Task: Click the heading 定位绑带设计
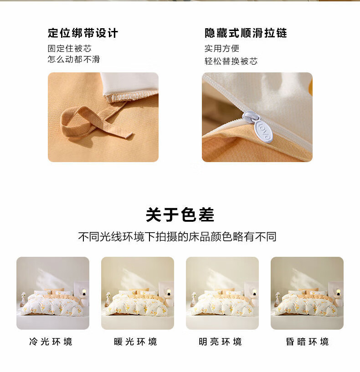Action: click(x=82, y=33)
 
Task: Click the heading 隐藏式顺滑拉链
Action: click(x=246, y=33)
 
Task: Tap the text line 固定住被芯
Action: click(x=70, y=48)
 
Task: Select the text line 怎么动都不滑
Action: click(x=74, y=59)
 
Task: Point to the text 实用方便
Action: click(x=222, y=48)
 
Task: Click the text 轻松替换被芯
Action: click(x=231, y=61)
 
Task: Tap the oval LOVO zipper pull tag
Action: click(x=263, y=131)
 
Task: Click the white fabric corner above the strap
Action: click(x=129, y=85)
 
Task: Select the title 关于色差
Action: click(x=180, y=215)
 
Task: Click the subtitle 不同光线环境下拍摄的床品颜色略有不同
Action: click(x=177, y=236)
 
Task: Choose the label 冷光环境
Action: click(x=51, y=341)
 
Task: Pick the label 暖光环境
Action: click(x=136, y=341)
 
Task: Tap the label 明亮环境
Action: click(x=221, y=341)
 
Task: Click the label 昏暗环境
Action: click(x=307, y=341)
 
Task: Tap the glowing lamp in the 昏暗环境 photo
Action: click(x=338, y=291)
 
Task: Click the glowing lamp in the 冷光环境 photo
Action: click(x=84, y=291)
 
